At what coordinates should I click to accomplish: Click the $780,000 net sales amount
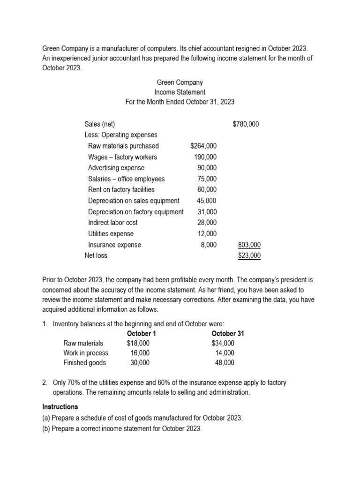(x=246, y=124)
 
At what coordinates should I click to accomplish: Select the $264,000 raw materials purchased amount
(x=203, y=146)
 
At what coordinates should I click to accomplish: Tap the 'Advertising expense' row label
(x=116, y=168)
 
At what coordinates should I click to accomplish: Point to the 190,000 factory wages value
(x=205, y=157)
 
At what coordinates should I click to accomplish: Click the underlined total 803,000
(x=249, y=245)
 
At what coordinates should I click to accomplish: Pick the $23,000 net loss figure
(x=249, y=255)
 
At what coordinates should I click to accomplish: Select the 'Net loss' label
(x=96, y=255)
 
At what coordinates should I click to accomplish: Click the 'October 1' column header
(x=142, y=334)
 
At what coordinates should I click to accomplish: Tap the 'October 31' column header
(x=228, y=334)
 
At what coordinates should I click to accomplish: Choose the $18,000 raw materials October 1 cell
(x=138, y=343)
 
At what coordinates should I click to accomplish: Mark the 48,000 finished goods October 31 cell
(x=225, y=362)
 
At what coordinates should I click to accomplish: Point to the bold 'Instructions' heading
(x=60, y=406)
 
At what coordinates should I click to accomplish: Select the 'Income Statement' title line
(x=180, y=92)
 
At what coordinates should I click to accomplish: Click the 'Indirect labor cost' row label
(x=113, y=223)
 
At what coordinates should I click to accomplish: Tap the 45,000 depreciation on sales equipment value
(x=207, y=201)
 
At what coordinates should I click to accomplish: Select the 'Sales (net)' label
(x=100, y=124)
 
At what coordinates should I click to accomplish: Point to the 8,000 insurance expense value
(x=209, y=245)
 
